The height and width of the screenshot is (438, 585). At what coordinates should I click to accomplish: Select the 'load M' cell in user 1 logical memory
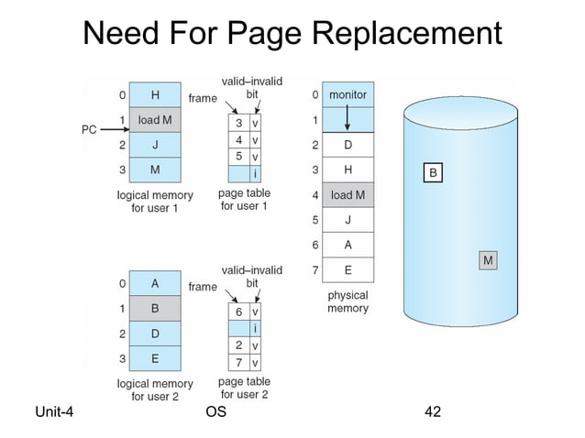tap(154, 119)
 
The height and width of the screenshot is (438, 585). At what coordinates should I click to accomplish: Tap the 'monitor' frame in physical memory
tap(348, 94)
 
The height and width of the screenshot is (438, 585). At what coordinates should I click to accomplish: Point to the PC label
tap(89, 130)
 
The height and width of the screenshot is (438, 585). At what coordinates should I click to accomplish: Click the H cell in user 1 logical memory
tap(154, 94)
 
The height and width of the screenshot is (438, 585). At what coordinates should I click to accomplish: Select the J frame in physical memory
tap(348, 220)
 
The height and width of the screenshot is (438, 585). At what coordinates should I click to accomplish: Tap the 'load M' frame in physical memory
tap(348, 195)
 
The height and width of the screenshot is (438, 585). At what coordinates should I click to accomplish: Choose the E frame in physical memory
tap(348, 269)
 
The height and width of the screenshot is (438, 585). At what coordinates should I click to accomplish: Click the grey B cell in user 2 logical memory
tap(154, 309)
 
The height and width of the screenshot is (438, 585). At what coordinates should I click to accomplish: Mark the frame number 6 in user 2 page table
tap(238, 312)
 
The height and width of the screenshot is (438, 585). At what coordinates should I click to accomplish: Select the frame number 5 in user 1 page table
tap(238, 157)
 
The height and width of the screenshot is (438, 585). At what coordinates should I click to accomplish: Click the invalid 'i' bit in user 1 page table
tap(255, 173)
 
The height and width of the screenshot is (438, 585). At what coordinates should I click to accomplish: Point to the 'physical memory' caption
tap(348, 302)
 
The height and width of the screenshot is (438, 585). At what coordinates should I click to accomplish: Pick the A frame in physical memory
tap(348, 245)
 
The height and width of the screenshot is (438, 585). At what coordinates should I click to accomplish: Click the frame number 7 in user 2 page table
tap(238, 361)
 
